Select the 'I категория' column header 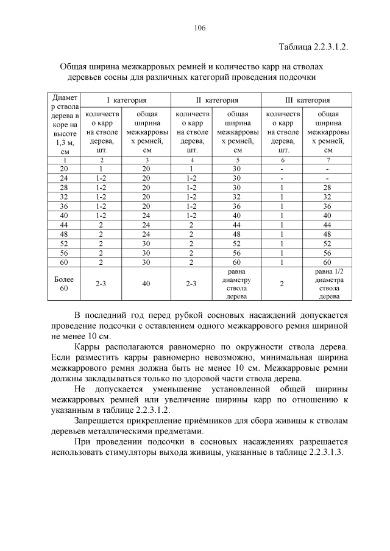click(x=127, y=100)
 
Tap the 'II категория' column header click(x=216, y=100)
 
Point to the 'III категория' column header click(x=307, y=100)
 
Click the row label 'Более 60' click(x=63, y=284)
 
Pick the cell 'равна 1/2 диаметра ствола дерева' click(x=329, y=284)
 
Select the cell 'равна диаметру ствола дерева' click(x=238, y=284)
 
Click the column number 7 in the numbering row click(x=329, y=159)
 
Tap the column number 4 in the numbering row click(x=193, y=159)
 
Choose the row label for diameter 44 click(x=63, y=225)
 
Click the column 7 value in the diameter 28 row click(x=329, y=188)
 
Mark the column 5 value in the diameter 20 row click(x=238, y=168)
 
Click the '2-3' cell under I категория click(x=102, y=284)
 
